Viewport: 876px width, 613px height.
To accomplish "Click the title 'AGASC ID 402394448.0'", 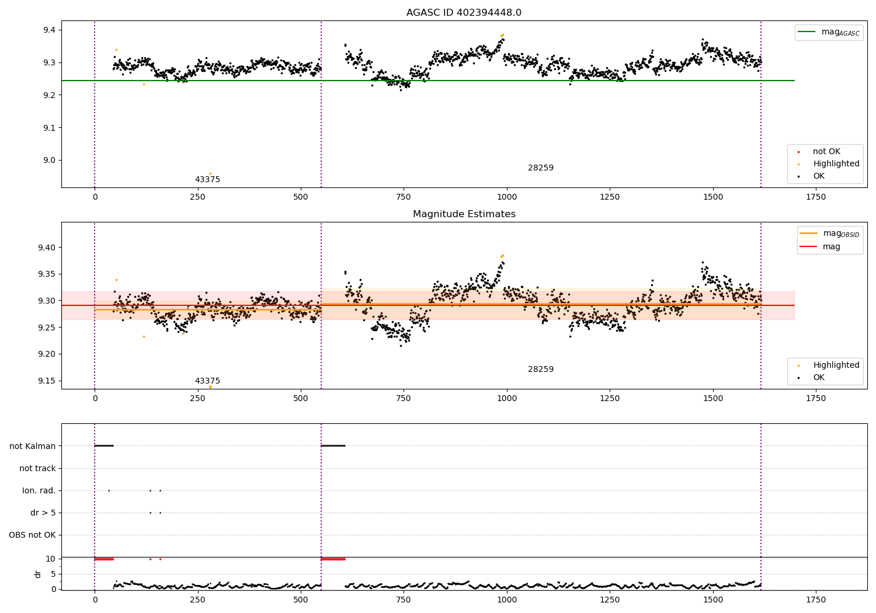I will point(464,13).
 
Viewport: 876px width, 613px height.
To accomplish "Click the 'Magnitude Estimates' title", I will point(464,214).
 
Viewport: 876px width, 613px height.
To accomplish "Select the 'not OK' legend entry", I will point(826,152).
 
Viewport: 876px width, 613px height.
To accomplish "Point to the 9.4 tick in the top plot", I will point(47,30).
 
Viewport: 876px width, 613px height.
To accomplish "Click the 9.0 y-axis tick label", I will point(47,161).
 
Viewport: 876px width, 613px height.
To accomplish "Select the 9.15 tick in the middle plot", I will point(45,381).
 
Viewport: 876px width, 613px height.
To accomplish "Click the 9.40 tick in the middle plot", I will point(45,248).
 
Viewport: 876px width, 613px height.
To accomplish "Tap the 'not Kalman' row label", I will point(33,446).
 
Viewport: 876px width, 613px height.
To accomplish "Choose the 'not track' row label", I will point(37,468).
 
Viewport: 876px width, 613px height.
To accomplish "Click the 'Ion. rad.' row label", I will point(39,490).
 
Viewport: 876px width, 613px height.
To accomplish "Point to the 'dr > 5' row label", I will point(43,513).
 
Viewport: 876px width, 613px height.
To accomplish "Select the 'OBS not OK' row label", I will point(32,535).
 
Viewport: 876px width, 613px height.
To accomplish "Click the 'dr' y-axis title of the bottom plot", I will point(38,574).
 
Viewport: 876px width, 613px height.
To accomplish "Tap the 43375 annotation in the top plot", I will point(207,180).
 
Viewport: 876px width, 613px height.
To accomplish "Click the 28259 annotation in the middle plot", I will point(540,370).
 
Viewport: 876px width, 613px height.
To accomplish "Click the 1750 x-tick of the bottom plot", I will point(816,600).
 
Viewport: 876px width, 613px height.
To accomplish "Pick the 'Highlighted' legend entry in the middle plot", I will point(836,365).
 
